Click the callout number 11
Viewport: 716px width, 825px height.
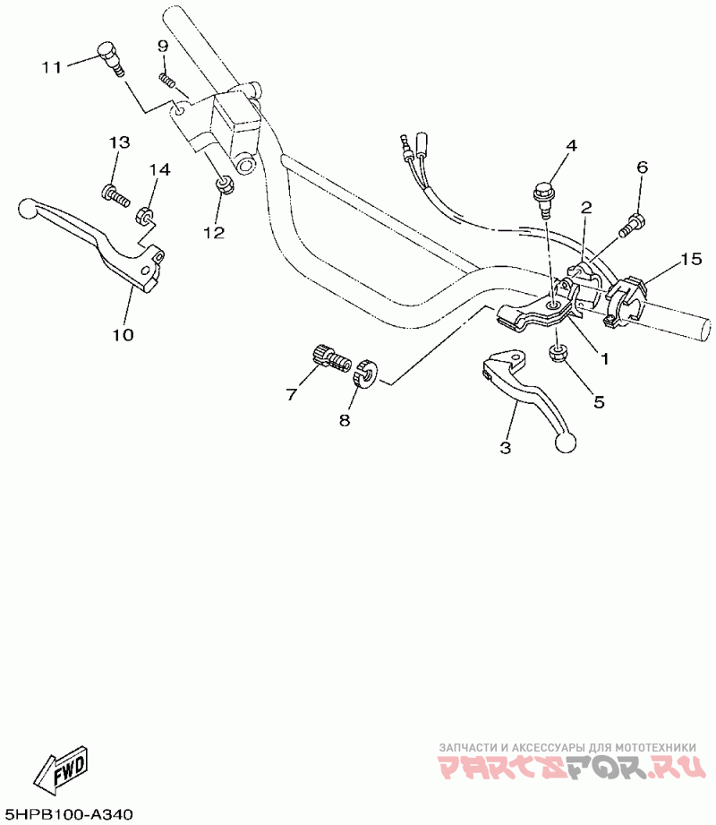[x=51, y=66]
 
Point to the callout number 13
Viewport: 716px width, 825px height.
[x=119, y=143]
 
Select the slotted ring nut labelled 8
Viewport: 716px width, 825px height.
[x=365, y=373]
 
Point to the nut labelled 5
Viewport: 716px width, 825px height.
[x=558, y=352]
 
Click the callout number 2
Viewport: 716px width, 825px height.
[x=585, y=208]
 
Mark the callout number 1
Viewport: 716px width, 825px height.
[x=604, y=358]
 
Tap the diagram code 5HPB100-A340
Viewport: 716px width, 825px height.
[x=69, y=814]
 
